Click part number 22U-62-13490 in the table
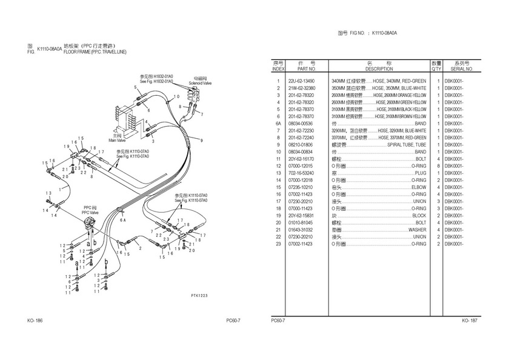pos(301,81)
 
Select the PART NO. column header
pos(303,69)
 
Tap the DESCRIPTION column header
pos(379,69)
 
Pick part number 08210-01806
pos(301,145)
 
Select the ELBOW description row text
pos(418,187)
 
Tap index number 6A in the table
pos(278,124)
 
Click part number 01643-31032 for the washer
pos(301,230)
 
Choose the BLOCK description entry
pos(419,216)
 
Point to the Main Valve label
pos(117,140)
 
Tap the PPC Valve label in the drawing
pos(90,213)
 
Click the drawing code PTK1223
pos(199,295)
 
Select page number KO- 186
pos(35,320)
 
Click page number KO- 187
pos(470,320)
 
